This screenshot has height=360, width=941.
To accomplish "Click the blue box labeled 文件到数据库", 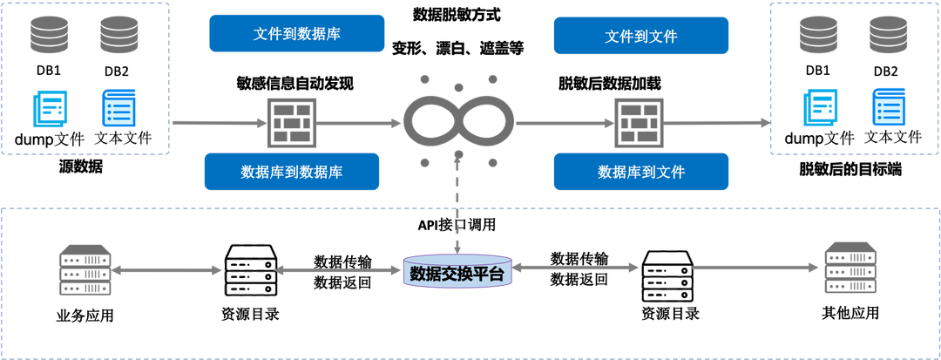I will click(x=296, y=34).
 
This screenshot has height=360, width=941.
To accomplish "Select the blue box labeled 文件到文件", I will click(x=640, y=36).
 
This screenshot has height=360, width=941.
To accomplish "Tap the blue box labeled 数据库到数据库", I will click(x=292, y=171).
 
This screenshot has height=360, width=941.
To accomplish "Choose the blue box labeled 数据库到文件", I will click(x=640, y=171).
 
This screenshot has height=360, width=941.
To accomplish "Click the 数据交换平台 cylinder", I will click(x=457, y=271).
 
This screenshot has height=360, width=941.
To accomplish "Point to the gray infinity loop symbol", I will click(x=458, y=123).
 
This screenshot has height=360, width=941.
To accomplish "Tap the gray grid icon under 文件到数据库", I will click(x=291, y=123).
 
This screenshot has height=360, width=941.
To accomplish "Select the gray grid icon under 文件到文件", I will click(x=638, y=123).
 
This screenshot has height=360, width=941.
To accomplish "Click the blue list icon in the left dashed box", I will click(x=118, y=109).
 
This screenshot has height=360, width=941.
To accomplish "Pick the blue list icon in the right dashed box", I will click(x=890, y=109).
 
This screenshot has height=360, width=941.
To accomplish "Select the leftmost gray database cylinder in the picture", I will click(x=48, y=35).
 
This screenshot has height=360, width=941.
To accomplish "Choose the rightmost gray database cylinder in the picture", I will click(x=888, y=35).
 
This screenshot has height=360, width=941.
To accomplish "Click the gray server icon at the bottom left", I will click(x=85, y=270).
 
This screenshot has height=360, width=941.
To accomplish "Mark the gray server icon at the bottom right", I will click(x=851, y=268).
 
